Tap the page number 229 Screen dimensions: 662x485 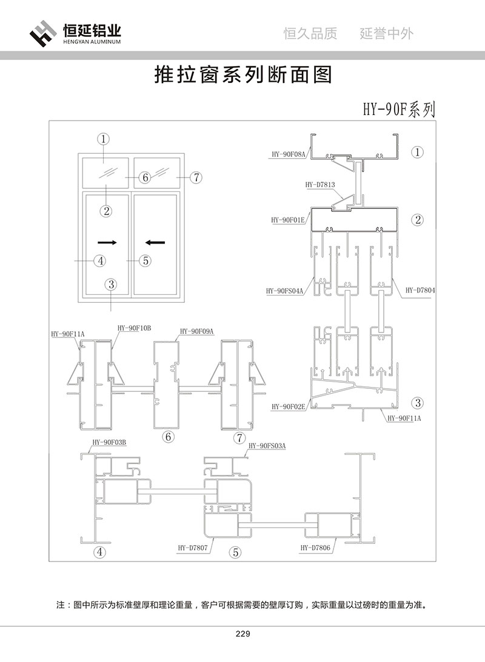pyautogui.click(x=242, y=634)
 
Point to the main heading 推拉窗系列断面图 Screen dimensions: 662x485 pyautogui.click(x=242, y=75)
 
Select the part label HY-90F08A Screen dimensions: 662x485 pyautogui.click(x=288, y=154)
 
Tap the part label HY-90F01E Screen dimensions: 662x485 pyautogui.click(x=288, y=220)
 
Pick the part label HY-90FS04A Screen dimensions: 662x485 pyautogui.click(x=284, y=291)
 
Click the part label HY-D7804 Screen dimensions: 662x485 pyautogui.click(x=421, y=291)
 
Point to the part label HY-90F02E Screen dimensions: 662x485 pyautogui.click(x=288, y=406)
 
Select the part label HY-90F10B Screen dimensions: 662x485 pyautogui.click(x=134, y=328)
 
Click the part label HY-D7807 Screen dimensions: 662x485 pyautogui.click(x=193, y=548)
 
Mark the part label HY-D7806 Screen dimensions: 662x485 pyautogui.click(x=315, y=548)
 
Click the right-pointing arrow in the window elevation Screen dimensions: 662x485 pyautogui.click(x=107, y=242)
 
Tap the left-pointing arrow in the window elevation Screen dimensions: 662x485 pyautogui.click(x=155, y=242)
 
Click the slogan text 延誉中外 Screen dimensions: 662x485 pyautogui.click(x=387, y=33)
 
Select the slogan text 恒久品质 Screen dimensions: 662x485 pyautogui.click(x=310, y=33)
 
